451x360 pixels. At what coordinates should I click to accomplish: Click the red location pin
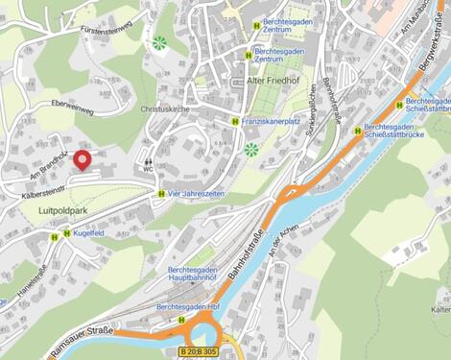83,160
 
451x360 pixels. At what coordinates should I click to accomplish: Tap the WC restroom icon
148,164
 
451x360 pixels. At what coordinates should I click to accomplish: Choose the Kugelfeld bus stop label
87,232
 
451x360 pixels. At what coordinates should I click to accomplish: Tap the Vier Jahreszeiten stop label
197,193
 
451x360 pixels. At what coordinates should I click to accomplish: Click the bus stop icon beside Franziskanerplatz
235,121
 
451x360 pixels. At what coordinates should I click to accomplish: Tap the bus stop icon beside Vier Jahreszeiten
160,193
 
